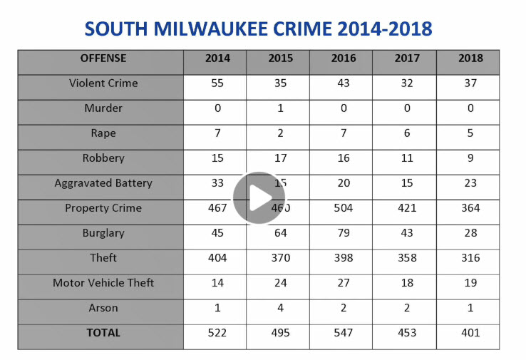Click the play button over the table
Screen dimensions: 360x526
(259, 197)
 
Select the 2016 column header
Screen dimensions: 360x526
(344, 58)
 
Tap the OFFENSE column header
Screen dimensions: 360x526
(103, 58)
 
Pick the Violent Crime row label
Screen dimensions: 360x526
(103, 83)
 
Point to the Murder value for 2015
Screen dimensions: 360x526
(280, 108)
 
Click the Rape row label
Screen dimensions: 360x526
(103, 133)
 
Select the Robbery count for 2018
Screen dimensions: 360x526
(470, 158)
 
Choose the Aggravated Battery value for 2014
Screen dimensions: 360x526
(217, 183)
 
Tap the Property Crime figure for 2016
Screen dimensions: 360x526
(344, 208)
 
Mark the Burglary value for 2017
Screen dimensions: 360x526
(407, 233)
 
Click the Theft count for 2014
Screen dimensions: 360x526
(217, 258)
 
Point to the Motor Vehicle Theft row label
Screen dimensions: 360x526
(103, 283)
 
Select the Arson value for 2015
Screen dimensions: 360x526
(280, 308)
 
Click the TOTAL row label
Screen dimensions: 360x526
(103, 333)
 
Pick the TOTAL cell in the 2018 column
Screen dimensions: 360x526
(470, 333)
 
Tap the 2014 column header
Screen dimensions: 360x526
(217, 58)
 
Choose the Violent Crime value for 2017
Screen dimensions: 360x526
(407, 83)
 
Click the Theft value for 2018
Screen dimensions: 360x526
(470, 258)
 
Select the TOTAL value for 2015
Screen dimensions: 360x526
(280, 333)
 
